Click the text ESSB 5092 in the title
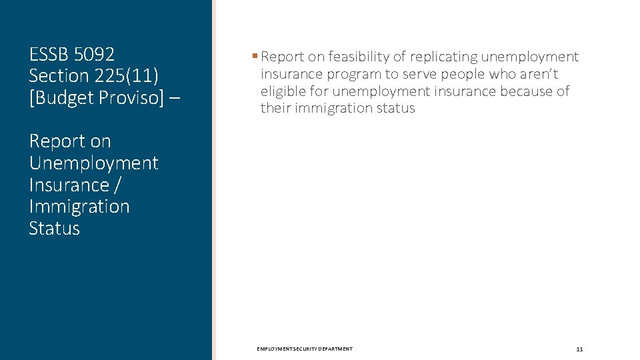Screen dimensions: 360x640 click(x=72, y=54)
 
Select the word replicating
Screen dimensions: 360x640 click(x=444, y=57)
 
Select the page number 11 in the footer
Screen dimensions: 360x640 click(x=579, y=349)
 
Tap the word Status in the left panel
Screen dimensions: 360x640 click(x=54, y=229)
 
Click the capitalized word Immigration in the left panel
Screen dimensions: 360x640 click(x=79, y=207)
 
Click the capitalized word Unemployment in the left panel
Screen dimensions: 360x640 click(x=93, y=163)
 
